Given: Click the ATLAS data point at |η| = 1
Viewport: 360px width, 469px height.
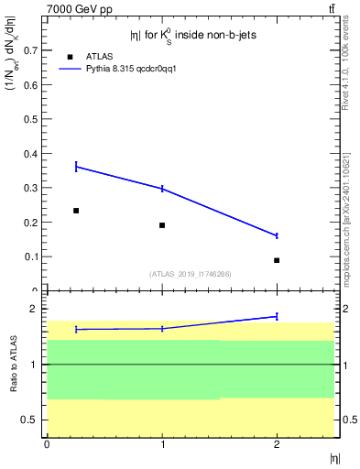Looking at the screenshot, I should tap(162, 225).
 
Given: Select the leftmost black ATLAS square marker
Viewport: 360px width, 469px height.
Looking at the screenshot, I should tap(76, 211).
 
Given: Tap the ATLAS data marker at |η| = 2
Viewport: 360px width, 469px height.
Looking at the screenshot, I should tap(277, 260).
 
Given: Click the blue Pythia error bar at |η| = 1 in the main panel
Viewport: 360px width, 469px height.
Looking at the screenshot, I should tap(162, 189).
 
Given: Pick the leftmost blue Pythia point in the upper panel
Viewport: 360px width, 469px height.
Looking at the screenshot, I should tap(76, 167).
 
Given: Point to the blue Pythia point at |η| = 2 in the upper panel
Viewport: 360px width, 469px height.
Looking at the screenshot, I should tap(277, 235).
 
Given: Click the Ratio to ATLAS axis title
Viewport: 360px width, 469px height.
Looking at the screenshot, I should tap(14, 365).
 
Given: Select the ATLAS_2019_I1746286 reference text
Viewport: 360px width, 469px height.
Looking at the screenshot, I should tap(190, 274).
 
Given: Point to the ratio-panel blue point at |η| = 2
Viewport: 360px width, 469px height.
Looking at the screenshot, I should tap(277, 316).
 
